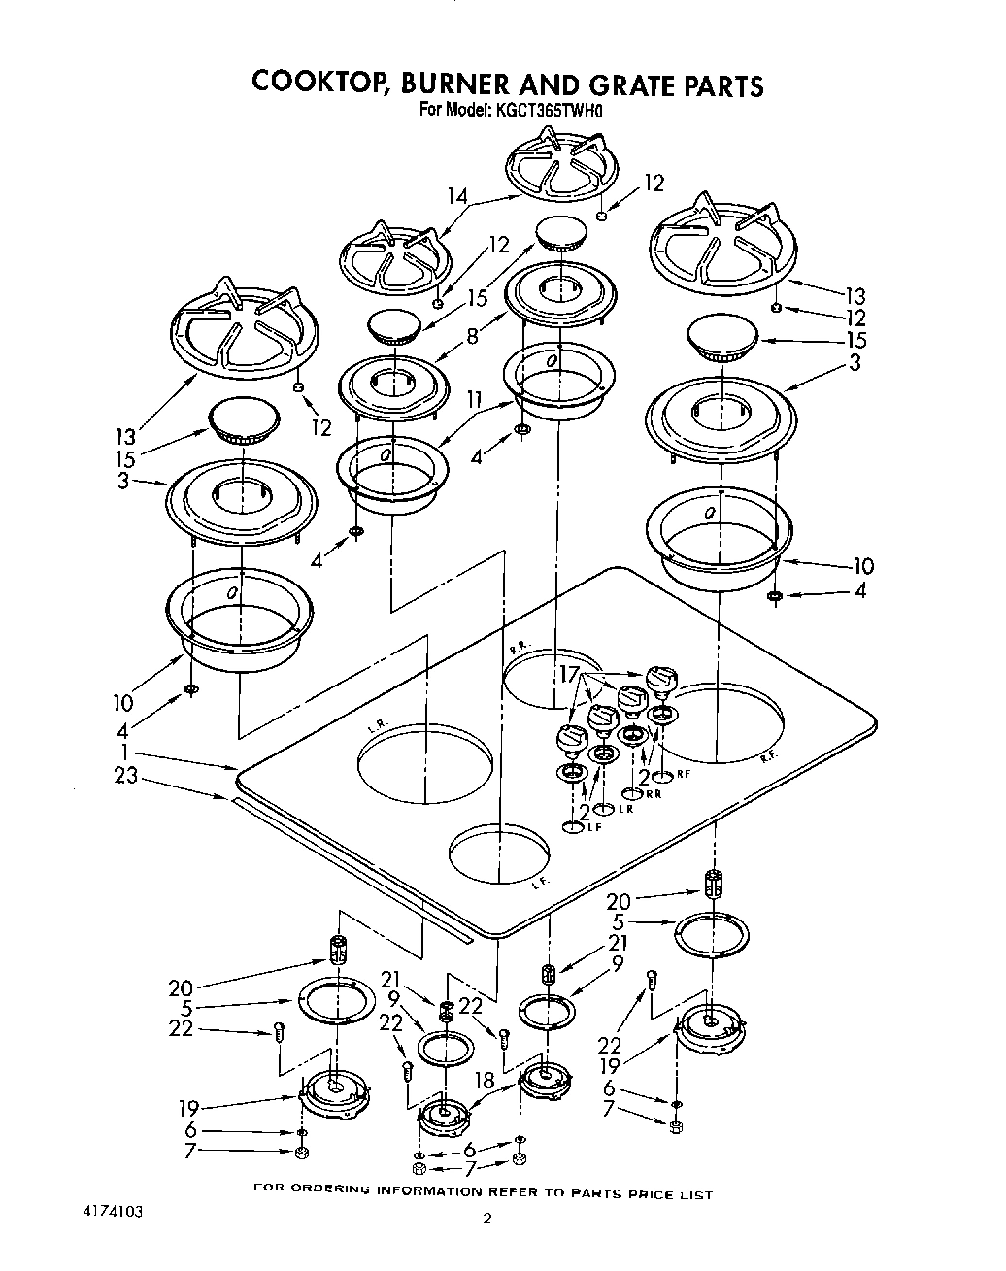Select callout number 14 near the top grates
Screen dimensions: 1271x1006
(457, 197)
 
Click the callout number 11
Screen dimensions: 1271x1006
(474, 399)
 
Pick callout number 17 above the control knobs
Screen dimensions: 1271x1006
(569, 673)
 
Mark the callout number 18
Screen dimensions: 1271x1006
(486, 1080)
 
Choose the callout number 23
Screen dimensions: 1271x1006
(125, 777)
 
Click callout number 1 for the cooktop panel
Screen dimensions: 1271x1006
(124, 754)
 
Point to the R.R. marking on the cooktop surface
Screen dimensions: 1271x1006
(518, 646)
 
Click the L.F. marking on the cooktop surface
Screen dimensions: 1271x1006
(541, 884)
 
